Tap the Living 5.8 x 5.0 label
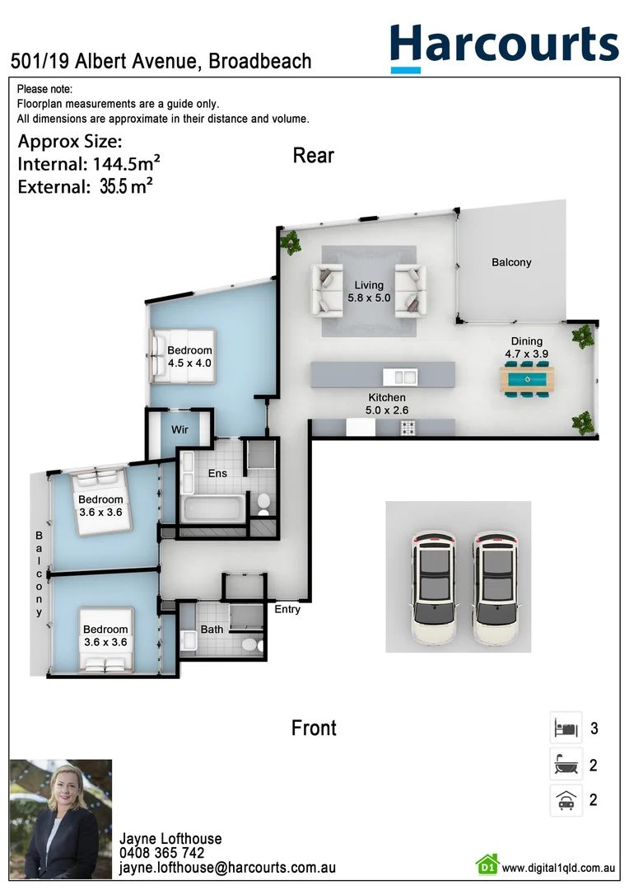click(x=369, y=292)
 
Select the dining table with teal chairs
click(x=527, y=380)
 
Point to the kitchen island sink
click(x=404, y=377)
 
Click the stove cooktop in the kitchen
click(x=408, y=427)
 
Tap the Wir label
click(x=180, y=430)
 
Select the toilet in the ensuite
click(x=263, y=503)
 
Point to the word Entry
click(x=287, y=610)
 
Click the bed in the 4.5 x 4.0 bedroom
click(x=183, y=356)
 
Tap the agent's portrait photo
click(x=60, y=819)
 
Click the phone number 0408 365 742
click(x=162, y=853)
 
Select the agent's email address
click(x=227, y=868)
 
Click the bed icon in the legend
click(x=566, y=728)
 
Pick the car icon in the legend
click(x=566, y=799)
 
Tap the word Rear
click(x=314, y=155)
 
